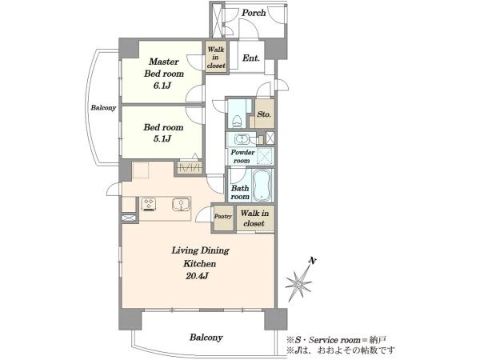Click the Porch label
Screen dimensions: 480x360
(254, 13)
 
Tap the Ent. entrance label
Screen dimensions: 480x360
(251, 58)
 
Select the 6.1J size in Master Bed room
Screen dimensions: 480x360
(162, 86)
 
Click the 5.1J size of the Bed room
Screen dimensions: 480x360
(162, 139)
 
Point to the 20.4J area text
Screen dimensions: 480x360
(197, 276)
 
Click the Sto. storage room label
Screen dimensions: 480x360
(264, 114)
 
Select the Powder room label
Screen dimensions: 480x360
(242, 157)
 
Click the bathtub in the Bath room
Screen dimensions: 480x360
(262, 186)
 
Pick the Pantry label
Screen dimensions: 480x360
(223, 216)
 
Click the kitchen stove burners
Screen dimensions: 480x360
(149, 204)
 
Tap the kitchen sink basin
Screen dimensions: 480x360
(182, 204)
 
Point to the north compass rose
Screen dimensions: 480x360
(298, 284)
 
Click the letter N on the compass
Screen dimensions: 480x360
(312, 261)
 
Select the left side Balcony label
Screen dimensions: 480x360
(103, 108)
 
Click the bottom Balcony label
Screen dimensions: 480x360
(206, 338)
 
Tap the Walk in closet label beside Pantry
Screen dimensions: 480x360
(254, 218)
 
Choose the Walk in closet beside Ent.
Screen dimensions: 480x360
(216, 58)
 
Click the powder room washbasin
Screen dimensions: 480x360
(242, 139)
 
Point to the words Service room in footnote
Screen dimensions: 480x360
(334, 340)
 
